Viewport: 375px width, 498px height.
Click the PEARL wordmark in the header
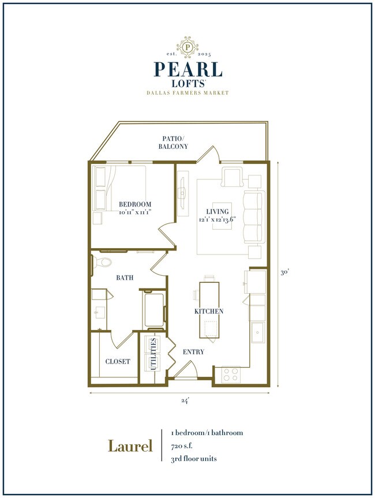click(x=187, y=69)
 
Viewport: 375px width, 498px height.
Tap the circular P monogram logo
click(x=187, y=46)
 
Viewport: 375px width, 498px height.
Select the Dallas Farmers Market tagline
click(x=187, y=92)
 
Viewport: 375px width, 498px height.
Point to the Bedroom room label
click(x=135, y=204)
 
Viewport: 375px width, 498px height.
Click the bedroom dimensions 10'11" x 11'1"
click(x=135, y=212)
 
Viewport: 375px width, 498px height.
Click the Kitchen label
click(x=209, y=311)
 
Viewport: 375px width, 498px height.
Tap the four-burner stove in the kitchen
click(x=231, y=374)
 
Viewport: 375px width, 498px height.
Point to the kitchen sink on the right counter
click(x=257, y=332)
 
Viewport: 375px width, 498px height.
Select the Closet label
click(x=117, y=362)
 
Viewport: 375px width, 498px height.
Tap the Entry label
click(x=194, y=352)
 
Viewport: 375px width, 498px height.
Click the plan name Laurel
click(x=130, y=446)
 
